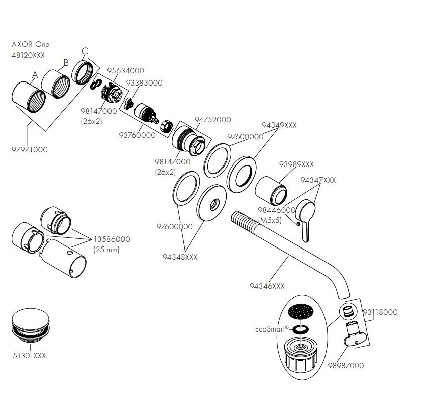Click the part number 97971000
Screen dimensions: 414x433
30,150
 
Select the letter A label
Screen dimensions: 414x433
35,75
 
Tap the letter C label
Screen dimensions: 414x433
85,51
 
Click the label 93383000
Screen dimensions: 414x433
144,83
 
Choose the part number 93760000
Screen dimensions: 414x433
137,135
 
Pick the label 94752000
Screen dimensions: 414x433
213,120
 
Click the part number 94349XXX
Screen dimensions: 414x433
279,125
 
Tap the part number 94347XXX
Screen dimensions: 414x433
318,180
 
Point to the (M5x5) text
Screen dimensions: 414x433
270,220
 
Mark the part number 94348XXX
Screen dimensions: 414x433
180,257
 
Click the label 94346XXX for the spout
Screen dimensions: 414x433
267,286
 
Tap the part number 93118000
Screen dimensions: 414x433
380,312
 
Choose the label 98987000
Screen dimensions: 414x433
346,366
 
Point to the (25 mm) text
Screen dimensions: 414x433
106,250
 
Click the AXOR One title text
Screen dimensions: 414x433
31,44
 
